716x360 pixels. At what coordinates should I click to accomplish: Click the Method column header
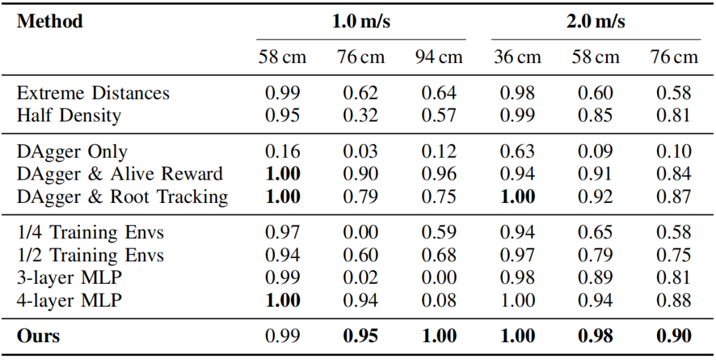coord(50,21)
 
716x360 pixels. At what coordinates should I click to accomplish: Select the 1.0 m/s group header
coord(361,21)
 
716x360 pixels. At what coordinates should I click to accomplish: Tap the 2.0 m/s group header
coord(595,21)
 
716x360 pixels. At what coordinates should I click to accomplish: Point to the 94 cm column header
coord(438,57)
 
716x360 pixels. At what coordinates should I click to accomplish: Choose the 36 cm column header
coord(517,57)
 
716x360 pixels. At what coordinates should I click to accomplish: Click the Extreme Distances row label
coord(93,93)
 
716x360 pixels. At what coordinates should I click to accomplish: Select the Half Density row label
coord(69,115)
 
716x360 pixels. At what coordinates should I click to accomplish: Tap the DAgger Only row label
coord(72,152)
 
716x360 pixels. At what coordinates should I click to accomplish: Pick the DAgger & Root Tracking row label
coord(122,197)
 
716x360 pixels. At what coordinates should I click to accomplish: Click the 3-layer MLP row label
coord(69,278)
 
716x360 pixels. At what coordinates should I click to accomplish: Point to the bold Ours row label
coord(38,335)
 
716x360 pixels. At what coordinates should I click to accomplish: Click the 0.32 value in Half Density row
coord(360,115)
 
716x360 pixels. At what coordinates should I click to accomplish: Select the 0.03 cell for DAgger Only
coord(360,152)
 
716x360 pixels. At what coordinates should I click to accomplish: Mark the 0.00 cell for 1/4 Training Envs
coord(360,233)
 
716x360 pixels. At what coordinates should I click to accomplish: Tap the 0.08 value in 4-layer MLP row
coord(438,300)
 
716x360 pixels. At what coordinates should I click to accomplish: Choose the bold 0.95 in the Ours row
coord(360,335)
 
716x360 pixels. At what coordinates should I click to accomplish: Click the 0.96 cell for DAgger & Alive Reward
coord(438,174)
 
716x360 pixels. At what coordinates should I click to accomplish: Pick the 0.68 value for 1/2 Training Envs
coord(438,255)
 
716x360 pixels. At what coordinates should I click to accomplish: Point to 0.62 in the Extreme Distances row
coord(360,93)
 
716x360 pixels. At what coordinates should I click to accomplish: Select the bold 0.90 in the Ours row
coord(674,335)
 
